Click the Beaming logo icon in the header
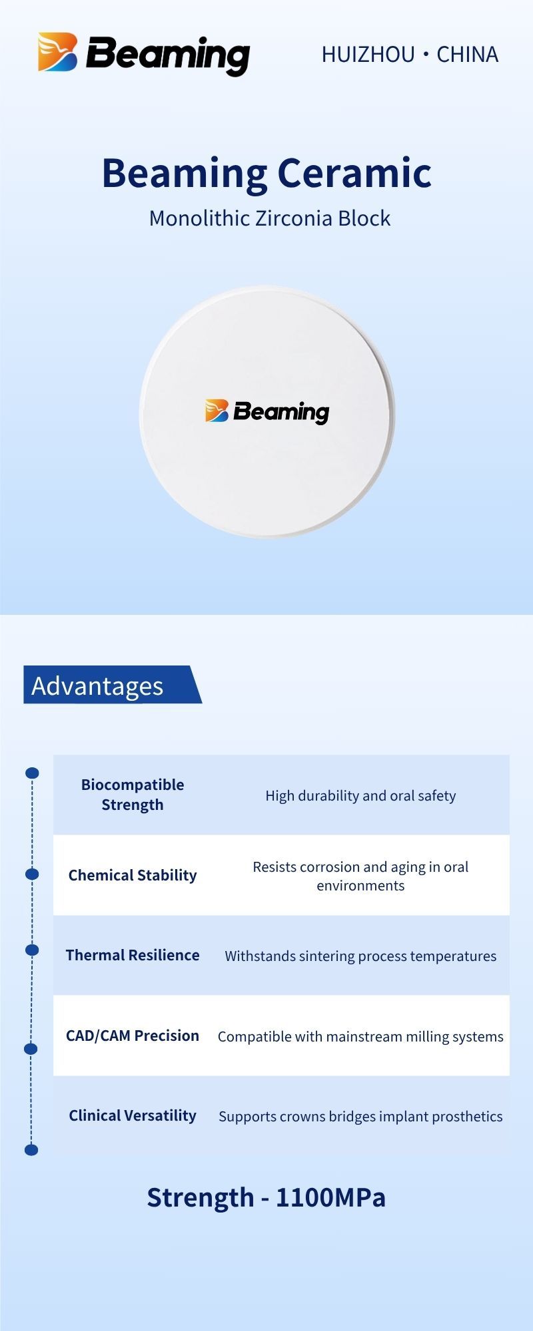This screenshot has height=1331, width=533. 58,52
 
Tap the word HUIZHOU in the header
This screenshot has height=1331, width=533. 368,55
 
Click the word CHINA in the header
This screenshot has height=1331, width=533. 467,55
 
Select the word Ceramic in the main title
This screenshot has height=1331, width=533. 354,173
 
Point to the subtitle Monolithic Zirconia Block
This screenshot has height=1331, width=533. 270,218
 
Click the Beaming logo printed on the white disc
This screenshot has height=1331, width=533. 267,411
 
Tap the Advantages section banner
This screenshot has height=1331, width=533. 113,685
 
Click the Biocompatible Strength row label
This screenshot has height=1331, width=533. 133,795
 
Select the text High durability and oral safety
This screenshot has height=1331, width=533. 360,796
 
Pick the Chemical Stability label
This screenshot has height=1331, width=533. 133,875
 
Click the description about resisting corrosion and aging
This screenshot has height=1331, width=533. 360,876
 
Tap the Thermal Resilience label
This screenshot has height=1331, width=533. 133,955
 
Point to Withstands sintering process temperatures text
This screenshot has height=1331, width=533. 360,956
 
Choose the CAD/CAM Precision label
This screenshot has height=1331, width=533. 133,1036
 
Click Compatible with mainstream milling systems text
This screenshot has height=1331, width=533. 360,1037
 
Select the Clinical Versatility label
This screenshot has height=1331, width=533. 133,1115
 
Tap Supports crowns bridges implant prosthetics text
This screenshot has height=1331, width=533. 360,1117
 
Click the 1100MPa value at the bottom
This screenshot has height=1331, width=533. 330,1197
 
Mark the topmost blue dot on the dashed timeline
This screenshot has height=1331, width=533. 32,773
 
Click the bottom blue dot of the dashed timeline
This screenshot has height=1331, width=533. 31,1150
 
